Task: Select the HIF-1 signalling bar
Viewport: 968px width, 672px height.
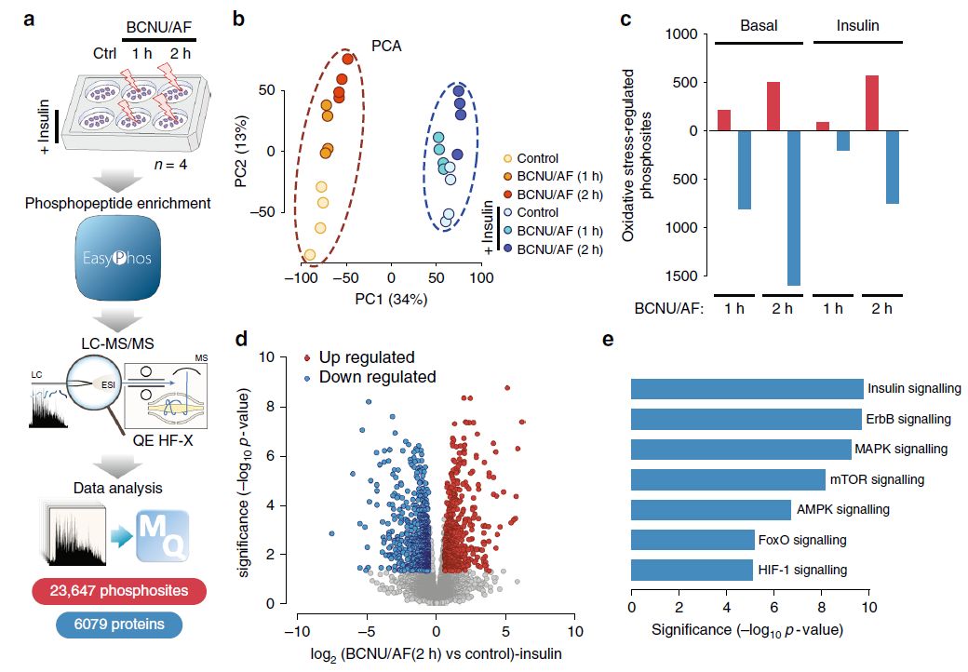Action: click(x=692, y=570)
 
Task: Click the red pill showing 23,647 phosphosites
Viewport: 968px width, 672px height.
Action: click(x=117, y=591)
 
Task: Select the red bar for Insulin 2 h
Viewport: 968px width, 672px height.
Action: click(x=871, y=103)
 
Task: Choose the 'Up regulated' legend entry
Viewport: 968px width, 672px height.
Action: click(x=366, y=358)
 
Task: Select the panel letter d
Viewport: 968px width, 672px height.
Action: click(x=244, y=341)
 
